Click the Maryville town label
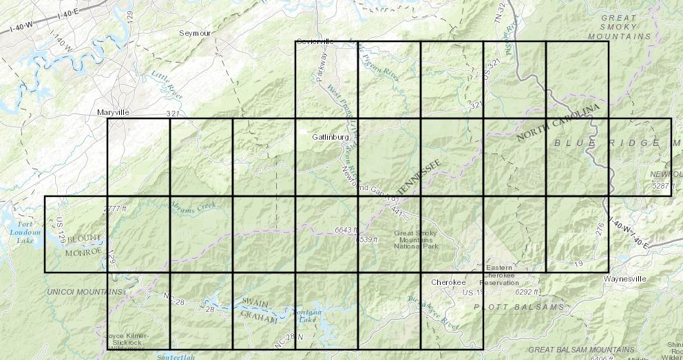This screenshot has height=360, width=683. [x=112, y=112]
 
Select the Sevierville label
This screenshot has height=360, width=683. [x=315, y=41]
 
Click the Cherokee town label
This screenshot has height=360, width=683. [x=449, y=282]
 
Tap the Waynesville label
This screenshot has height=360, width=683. [x=624, y=279]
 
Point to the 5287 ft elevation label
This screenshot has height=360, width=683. [x=664, y=185]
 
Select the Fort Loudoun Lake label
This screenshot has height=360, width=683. [x=25, y=232]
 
